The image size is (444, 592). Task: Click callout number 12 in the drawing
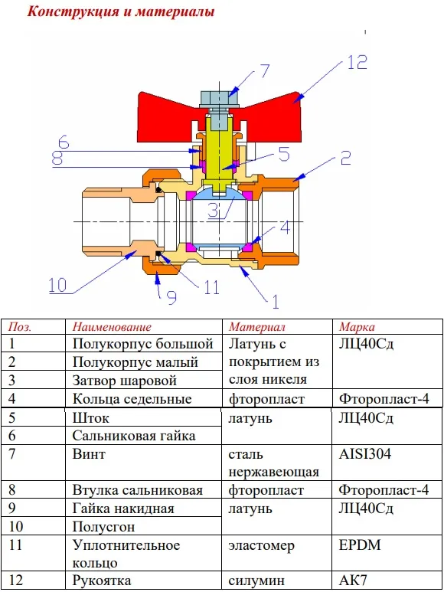[357, 62]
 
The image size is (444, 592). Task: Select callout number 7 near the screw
[264, 70]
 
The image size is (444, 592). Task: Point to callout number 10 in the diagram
[57, 285]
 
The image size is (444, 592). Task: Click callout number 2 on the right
[345, 158]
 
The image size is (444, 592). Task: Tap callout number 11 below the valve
[211, 287]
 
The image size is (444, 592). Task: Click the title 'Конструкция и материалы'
[121, 11]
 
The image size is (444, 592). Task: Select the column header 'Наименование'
[112, 326]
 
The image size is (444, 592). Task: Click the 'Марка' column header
[357, 327]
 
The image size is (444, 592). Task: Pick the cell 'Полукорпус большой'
[143, 344]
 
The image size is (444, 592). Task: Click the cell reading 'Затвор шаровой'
[125, 380]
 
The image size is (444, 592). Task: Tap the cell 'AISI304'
[365, 454]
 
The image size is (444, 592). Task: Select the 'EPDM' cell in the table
[360, 545]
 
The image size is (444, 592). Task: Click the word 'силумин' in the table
[256, 581]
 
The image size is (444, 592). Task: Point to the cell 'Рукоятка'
[102, 581]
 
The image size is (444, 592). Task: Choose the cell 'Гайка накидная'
[123, 509]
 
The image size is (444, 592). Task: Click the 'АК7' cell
[353, 580]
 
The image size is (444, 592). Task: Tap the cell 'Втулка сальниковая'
[138, 490]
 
